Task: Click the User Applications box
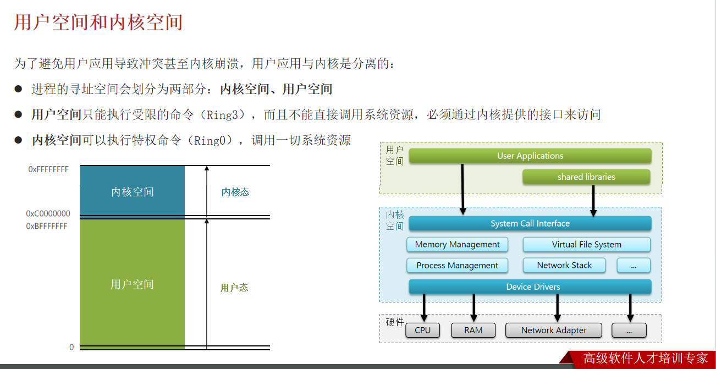coord(530,156)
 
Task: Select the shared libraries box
coord(586,177)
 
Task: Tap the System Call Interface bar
coord(530,223)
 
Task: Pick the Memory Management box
coord(458,244)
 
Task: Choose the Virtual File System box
coord(586,244)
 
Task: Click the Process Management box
coord(458,265)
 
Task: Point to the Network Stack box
coord(564,265)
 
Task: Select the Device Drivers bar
coord(530,287)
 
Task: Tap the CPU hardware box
coord(423,330)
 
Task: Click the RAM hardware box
coord(473,330)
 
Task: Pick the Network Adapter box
coord(554,330)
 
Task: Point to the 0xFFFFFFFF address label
coord(48,169)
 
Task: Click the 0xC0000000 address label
coord(48,213)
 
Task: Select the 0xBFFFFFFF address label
coord(47,226)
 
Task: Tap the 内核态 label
coord(235,192)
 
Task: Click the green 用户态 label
coord(234,288)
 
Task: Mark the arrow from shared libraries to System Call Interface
coord(593,200)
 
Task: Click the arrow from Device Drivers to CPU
coord(424,307)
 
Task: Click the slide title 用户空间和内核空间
coord(98,23)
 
